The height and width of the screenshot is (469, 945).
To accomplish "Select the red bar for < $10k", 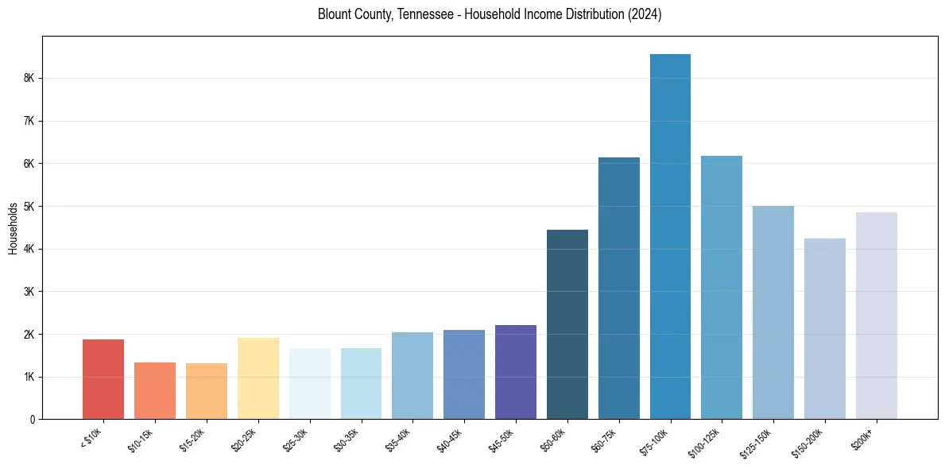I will pyautogui.click(x=103, y=379).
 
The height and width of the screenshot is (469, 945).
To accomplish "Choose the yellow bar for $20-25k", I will pyautogui.click(x=258, y=378).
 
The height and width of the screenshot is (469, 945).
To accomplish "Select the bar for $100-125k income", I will pyautogui.click(x=722, y=287).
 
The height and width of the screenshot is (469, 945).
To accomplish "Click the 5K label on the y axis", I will pyautogui.click(x=29, y=207).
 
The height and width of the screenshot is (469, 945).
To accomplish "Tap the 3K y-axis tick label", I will pyautogui.click(x=29, y=292).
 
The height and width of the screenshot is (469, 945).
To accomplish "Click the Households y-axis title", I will pyautogui.click(x=13, y=228).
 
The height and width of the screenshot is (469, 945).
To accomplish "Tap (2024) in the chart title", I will pyautogui.click(x=645, y=14).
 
